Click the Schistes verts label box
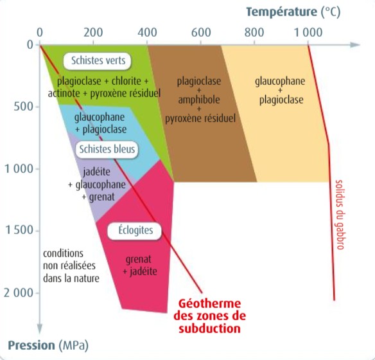(x=97, y=61)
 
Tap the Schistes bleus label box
(x=107, y=150)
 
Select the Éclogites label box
(x=134, y=231)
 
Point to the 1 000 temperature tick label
(x=308, y=32)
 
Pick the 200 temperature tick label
(x=93, y=32)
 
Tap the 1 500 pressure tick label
(x=19, y=230)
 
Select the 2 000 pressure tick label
(x=19, y=292)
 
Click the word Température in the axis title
(x=281, y=12)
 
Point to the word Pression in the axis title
(x=31, y=345)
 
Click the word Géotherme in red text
(x=210, y=303)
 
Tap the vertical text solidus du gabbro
(x=340, y=215)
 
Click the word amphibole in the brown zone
(x=199, y=100)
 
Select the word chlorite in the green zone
(x=126, y=82)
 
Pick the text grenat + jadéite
(x=140, y=265)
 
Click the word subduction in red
(x=210, y=328)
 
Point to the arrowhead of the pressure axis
(x=40, y=329)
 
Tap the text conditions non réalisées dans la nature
(x=71, y=266)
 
